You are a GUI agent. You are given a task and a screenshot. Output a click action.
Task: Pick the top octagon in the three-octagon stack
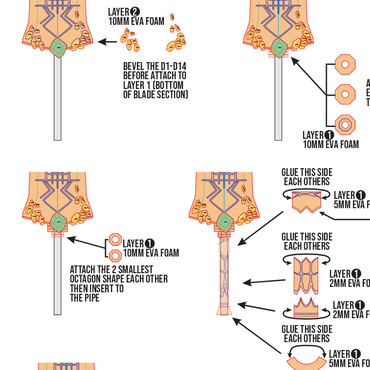tap(345, 64)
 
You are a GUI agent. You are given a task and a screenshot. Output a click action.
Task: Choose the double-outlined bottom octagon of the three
tap(345, 125)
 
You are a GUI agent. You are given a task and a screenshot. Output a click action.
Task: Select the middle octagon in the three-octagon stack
tap(345, 94)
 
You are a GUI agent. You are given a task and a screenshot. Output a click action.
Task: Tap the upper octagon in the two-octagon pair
tap(115, 239)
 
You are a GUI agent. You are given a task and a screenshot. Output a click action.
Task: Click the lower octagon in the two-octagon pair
tap(115, 255)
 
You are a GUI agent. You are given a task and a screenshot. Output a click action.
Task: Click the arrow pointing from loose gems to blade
tap(108, 42)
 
